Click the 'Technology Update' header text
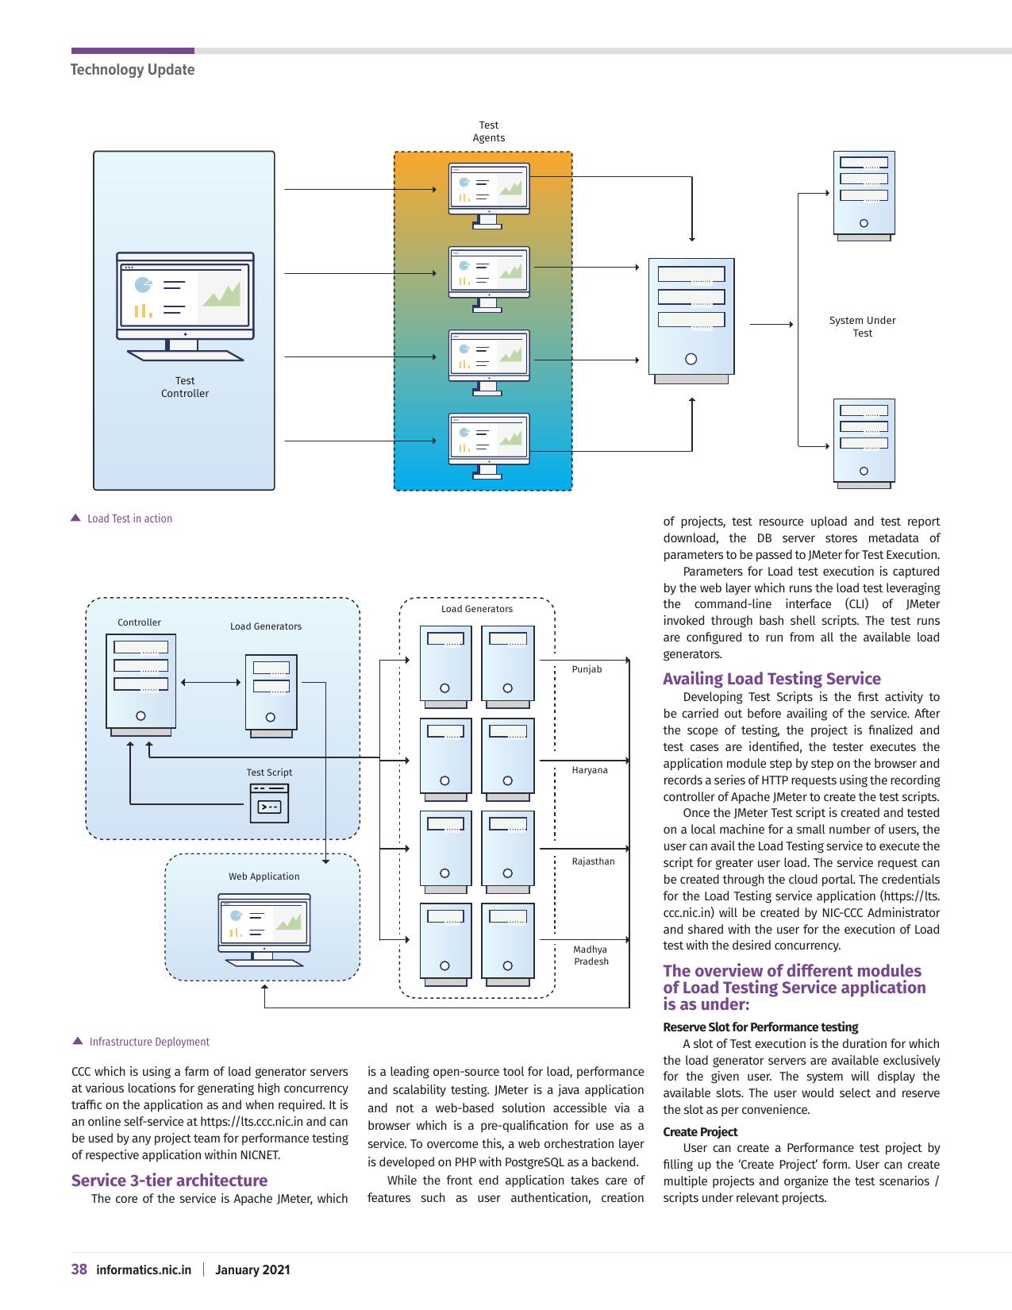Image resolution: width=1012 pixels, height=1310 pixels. tap(133, 69)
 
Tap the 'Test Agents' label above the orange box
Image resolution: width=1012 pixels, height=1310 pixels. tap(488, 132)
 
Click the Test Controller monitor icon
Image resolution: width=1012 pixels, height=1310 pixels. tap(185, 306)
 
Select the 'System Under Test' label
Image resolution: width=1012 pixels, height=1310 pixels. tap(862, 327)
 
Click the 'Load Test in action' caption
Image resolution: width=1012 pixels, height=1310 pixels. tap(129, 518)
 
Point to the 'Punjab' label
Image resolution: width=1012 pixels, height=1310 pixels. tap(587, 669)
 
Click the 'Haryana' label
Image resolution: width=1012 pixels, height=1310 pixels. tap(590, 770)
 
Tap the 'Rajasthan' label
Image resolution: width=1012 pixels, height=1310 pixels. tap(593, 861)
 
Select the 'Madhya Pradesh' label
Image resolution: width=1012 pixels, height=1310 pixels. tap(591, 956)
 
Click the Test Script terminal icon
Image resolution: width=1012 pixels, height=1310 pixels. tap(269, 803)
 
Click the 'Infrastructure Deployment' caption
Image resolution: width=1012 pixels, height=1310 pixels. tap(149, 1042)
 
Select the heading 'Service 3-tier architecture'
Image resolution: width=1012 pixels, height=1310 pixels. tap(169, 1181)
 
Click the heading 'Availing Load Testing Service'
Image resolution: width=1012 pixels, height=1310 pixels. tap(772, 679)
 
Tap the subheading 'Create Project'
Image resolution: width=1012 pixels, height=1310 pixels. tap(700, 1131)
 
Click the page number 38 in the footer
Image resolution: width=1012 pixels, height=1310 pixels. tap(79, 1270)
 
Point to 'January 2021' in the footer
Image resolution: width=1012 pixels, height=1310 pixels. tap(252, 1270)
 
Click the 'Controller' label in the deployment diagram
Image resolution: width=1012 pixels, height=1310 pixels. tap(139, 622)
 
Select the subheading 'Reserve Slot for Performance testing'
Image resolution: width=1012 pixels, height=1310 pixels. tap(760, 1027)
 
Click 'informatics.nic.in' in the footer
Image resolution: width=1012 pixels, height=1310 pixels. tap(144, 1270)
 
